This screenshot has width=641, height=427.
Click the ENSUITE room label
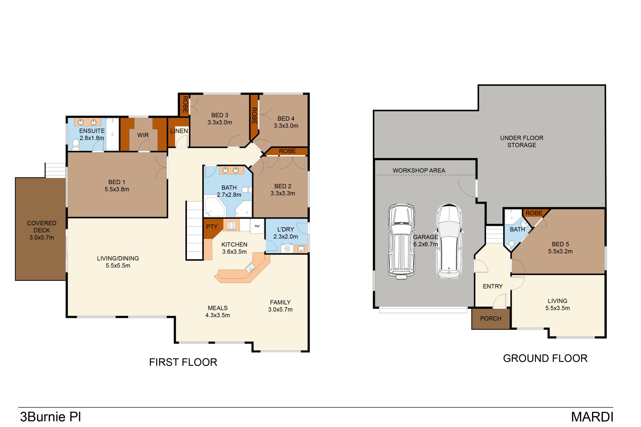pos(92,131)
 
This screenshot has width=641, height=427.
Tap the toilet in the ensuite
pos(76,145)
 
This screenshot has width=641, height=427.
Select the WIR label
pos(143,135)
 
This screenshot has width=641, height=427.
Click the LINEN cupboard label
pos(179,131)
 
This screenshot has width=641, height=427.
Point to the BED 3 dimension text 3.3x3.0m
pos(220,122)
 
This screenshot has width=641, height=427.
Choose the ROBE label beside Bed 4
pos(254,116)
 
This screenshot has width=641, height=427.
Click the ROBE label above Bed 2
pos(287,151)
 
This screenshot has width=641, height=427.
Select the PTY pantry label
pos(212,227)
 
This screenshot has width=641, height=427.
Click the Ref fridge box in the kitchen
pos(257,226)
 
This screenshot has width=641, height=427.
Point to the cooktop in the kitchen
pos(231,226)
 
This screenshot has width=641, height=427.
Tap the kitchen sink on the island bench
pos(250,268)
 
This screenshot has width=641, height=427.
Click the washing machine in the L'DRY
pos(287,249)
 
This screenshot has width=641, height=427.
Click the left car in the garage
pos(401,241)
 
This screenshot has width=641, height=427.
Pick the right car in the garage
pos(449,241)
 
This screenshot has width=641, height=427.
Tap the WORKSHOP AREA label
pos(419,170)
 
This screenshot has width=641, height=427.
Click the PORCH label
pos(491,319)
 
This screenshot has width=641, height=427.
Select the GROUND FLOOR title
pos(545,358)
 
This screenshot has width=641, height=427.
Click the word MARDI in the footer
pos(592,417)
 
